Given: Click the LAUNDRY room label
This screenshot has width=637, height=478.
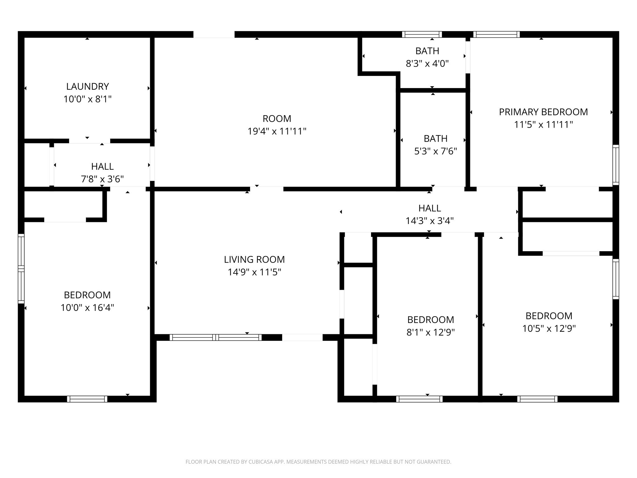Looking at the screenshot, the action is coord(87,86).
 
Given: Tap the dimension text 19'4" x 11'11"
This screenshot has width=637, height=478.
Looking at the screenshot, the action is coord(277,131).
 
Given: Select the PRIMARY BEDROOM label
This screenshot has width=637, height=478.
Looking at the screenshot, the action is coord(543,112).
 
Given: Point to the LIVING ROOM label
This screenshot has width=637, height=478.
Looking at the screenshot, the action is coord(254,259).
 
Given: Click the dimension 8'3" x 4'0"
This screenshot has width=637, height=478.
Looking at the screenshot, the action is coord(427,63).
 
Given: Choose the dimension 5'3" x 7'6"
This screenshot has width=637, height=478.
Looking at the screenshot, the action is coord(436,151).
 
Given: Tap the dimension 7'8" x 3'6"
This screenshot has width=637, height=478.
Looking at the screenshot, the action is coord(102,179).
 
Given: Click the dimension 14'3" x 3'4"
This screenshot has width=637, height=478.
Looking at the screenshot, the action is coord(430,221).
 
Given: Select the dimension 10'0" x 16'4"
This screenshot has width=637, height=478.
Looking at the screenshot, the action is coord(87,307).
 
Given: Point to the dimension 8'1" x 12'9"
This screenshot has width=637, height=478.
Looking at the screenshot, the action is coord(431,332).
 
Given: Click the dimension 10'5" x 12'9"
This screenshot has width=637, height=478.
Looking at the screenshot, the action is coord(549,329).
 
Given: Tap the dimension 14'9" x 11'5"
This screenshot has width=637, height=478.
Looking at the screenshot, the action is coord(254,272).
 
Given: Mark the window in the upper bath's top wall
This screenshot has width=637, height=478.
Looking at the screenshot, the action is coord(422,34).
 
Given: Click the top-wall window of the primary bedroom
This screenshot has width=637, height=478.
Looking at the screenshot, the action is coord(496,34).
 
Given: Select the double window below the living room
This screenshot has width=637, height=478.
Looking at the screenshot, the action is coord(216,337).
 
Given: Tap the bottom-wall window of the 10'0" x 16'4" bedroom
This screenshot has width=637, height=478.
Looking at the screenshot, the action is coord(87,399).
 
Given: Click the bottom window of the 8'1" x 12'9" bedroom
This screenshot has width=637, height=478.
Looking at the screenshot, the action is coord(419,399).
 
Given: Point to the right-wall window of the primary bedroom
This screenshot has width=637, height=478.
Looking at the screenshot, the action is coord(616,165).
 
